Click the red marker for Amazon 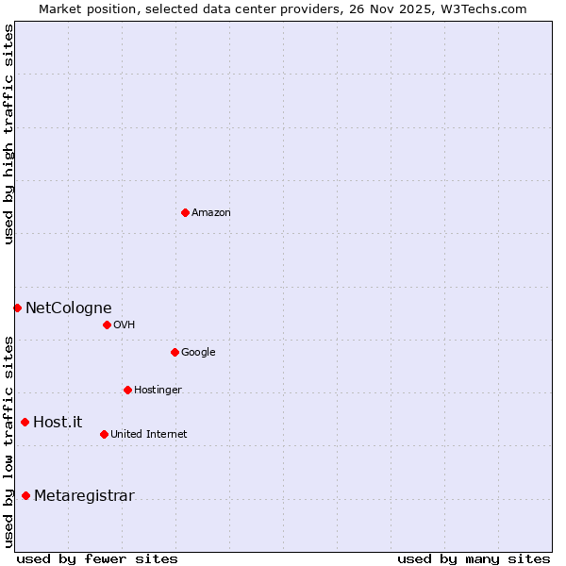(185, 212)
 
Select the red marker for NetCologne (17, 308)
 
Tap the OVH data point (107, 325)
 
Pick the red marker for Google (175, 352)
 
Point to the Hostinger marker (127, 390)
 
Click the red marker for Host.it (25, 422)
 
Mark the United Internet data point (104, 434)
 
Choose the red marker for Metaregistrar (25, 495)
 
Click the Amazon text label (210, 213)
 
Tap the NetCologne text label (68, 308)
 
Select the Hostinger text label (158, 391)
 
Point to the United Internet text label (148, 435)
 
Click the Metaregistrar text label (84, 496)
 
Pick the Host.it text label (58, 422)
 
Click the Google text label (198, 353)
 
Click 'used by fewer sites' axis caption (97, 558)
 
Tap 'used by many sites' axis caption (474, 558)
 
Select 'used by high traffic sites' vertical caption (8, 134)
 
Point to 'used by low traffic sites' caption (8, 441)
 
